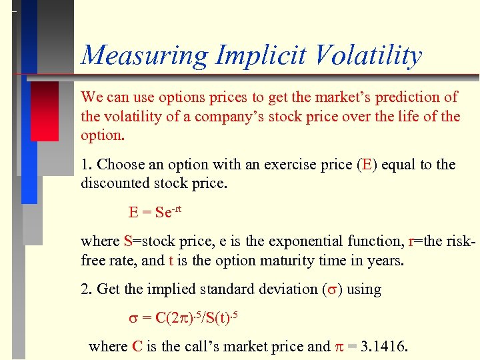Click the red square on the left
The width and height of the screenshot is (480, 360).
[45, 111]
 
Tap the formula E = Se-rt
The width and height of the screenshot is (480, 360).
[155, 212]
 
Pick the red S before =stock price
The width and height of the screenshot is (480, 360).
[127, 241]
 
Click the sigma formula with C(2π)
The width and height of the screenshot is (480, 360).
[183, 317]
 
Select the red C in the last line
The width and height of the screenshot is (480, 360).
[137, 346]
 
